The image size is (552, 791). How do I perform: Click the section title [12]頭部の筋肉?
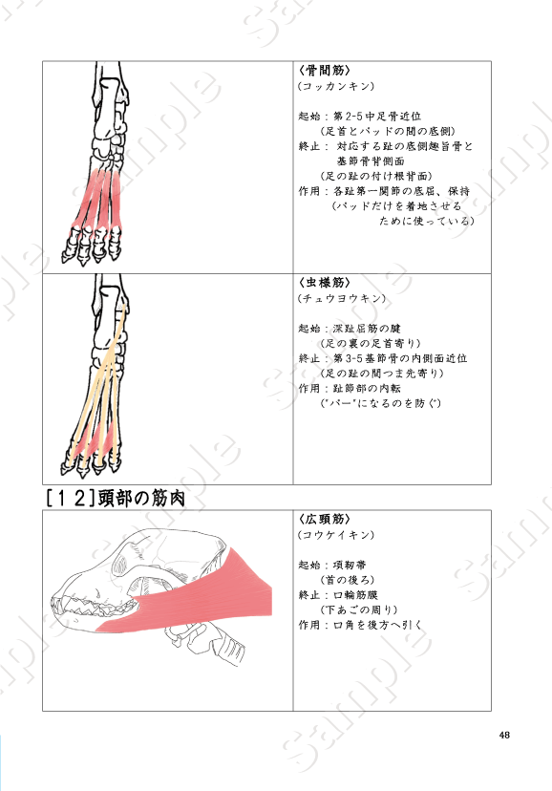point(116,499)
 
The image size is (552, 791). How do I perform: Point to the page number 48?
point(504,735)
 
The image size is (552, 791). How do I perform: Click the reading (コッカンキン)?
point(336,86)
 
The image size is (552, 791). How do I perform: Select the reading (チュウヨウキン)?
point(342,299)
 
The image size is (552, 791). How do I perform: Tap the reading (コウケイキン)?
point(336,535)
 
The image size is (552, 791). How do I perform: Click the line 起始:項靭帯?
point(332,565)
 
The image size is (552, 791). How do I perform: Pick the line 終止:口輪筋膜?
point(338,595)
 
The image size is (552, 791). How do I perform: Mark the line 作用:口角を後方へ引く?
point(360,625)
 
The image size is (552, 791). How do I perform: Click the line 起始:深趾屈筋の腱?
point(350,329)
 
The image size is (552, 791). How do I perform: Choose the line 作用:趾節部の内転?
point(350,389)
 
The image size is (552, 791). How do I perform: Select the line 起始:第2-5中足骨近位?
point(360,117)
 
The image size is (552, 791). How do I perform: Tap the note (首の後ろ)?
point(348,580)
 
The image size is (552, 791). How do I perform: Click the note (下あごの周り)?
point(359,609)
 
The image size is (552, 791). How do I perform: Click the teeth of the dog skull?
point(95,605)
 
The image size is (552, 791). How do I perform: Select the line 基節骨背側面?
point(371,161)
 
